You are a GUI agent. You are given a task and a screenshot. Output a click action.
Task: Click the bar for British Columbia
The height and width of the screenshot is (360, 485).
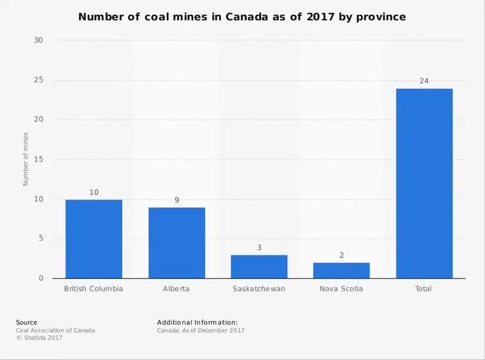94,239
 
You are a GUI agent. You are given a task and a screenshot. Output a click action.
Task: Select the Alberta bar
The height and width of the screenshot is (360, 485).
177,243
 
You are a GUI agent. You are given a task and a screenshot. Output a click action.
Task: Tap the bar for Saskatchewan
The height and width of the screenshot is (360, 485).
259,267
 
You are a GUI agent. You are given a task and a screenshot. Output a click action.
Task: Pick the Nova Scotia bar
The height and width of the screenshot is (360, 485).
341,270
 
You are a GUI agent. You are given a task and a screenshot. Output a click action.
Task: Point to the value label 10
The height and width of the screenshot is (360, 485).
94,192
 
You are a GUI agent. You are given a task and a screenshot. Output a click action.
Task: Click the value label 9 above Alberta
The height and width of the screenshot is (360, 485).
177,200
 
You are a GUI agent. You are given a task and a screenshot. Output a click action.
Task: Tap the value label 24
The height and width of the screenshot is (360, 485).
424,81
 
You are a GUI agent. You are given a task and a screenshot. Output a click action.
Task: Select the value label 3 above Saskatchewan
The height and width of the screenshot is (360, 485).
259,248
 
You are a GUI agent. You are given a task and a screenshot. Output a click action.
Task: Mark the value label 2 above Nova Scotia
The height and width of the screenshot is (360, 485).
341,256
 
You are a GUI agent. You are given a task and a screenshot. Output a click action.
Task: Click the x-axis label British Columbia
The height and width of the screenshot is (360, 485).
94,289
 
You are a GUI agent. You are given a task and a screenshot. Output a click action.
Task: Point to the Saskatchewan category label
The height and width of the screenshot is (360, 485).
259,289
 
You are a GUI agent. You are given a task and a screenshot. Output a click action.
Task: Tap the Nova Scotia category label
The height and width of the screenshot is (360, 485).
341,289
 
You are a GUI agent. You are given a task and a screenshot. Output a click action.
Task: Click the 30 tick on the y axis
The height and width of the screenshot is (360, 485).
39,41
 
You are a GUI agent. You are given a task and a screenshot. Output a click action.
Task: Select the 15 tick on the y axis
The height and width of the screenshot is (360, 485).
39,160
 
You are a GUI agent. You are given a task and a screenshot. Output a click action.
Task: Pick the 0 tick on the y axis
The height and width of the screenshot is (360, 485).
41,279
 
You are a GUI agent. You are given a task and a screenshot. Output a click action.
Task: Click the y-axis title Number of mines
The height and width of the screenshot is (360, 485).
26,159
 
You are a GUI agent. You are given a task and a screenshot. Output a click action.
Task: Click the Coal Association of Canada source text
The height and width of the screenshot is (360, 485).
55,330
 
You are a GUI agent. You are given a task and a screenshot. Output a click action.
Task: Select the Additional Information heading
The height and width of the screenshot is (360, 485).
197,322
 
